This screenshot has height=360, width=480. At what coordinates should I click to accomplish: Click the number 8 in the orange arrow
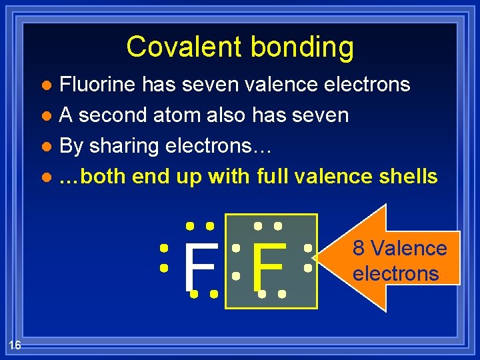pos(359,249)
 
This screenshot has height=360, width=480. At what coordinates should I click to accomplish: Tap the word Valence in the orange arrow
pos(409,249)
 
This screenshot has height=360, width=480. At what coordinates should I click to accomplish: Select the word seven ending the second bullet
pos(318,115)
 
